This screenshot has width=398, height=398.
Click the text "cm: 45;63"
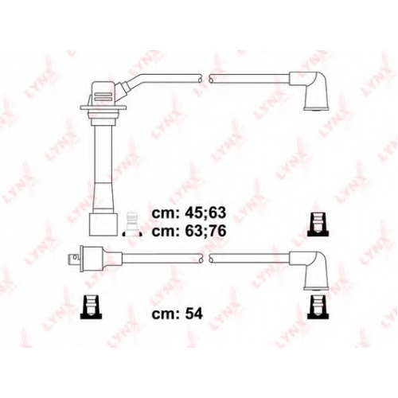coord(189,213)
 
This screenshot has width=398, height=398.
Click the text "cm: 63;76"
coord(189,231)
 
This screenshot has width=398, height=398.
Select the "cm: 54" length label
coord(178,314)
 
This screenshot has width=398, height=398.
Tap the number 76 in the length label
coord(217,231)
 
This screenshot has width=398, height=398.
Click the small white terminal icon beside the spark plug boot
coord(131,224)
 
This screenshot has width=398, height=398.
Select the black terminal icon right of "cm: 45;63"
coord(318,224)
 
